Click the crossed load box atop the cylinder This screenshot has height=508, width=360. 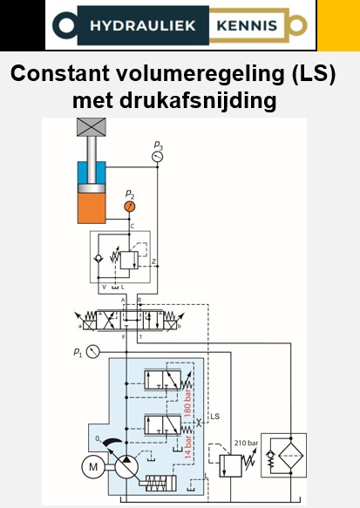[92, 127]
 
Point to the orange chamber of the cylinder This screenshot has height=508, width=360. [92, 207]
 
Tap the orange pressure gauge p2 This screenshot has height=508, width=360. [129, 207]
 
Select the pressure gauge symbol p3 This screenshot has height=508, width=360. [158, 156]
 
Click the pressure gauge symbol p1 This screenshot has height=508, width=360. [93, 351]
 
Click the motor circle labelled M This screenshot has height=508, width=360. [92, 467]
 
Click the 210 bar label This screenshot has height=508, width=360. [246, 443]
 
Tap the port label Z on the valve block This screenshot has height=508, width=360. [154, 261]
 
